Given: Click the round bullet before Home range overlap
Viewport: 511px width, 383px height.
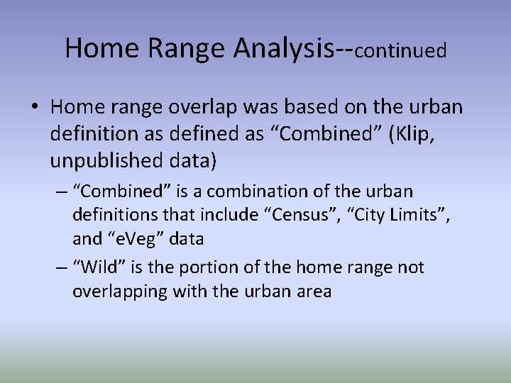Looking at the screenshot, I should point(35,107).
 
